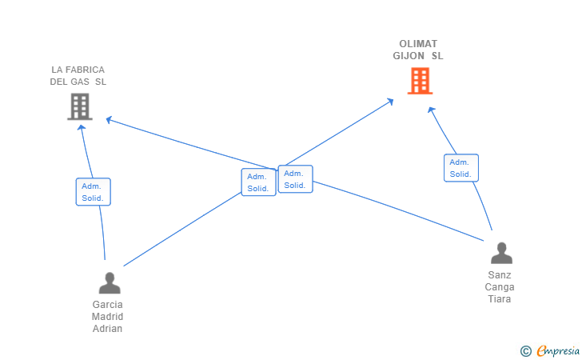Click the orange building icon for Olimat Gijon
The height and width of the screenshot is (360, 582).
[x=420, y=81]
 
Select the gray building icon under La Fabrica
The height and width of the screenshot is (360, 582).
[x=79, y=106]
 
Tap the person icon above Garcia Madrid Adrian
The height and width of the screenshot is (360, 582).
[x=110, y=283]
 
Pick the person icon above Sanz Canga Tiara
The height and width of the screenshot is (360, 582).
[x=501, y=254]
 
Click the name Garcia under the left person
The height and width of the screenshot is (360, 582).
[x=108, y=305]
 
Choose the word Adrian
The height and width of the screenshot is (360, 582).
[x=108, y=329]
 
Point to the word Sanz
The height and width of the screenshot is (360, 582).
[x=500, y=275]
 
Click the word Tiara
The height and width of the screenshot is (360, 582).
[x=500, y=299]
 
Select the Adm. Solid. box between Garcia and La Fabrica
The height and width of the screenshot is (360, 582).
[x=93, y=192]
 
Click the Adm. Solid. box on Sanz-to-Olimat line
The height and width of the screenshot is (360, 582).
[x=460, y=168]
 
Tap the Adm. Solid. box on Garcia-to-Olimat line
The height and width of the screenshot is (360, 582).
[x=258, y=182]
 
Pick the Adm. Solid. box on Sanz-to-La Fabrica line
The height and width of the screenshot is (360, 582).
[x=295, y=179]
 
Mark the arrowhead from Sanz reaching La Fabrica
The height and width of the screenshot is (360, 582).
[x=109, y=120]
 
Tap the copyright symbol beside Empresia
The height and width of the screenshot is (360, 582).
[x=525, y=350]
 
